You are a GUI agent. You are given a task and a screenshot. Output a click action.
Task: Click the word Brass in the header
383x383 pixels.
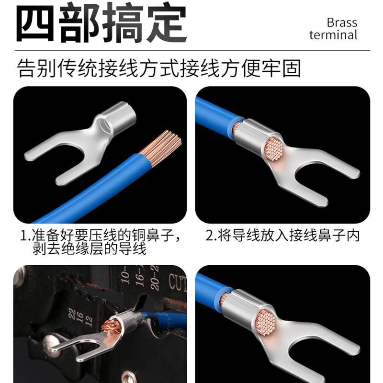(x=342, y=22)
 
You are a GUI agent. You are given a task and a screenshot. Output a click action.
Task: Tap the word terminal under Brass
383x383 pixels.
(x=333, y=35)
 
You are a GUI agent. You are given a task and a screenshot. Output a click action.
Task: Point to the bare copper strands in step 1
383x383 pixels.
(x=163, y=143)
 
